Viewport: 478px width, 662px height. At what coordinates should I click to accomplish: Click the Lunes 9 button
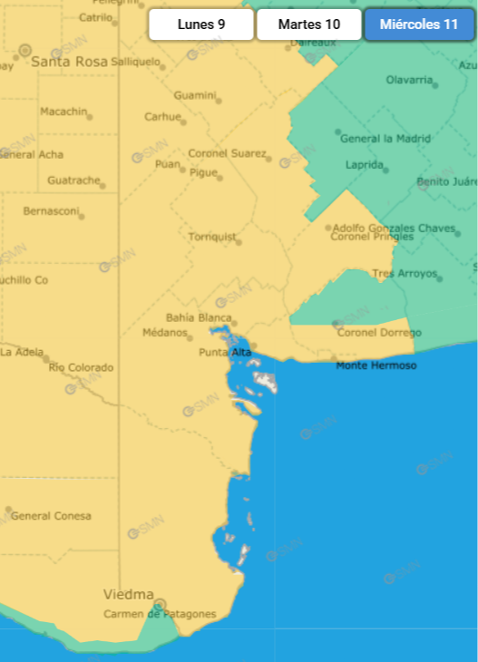201,24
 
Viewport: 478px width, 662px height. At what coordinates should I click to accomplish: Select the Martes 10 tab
309,24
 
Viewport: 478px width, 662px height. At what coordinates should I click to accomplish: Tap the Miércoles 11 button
419,24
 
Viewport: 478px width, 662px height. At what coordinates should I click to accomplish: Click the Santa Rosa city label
69,62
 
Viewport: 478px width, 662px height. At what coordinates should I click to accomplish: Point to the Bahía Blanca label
200,317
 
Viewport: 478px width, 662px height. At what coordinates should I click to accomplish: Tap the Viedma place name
128,595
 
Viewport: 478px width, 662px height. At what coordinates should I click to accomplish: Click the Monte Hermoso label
376,365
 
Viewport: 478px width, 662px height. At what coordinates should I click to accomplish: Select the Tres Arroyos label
405,273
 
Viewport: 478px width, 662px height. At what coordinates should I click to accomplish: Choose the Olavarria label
409,80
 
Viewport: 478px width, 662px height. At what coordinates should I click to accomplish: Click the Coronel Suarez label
227,153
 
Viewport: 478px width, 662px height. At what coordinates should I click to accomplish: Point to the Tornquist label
211,238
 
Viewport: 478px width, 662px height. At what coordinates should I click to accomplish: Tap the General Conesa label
51,516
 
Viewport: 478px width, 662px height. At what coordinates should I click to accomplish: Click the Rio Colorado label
82,367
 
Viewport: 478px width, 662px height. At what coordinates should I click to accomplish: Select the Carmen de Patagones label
160,614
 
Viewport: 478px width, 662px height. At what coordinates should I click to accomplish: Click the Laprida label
364,165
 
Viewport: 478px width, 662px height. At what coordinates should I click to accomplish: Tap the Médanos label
165,333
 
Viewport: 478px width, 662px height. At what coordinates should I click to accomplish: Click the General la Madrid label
385,139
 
